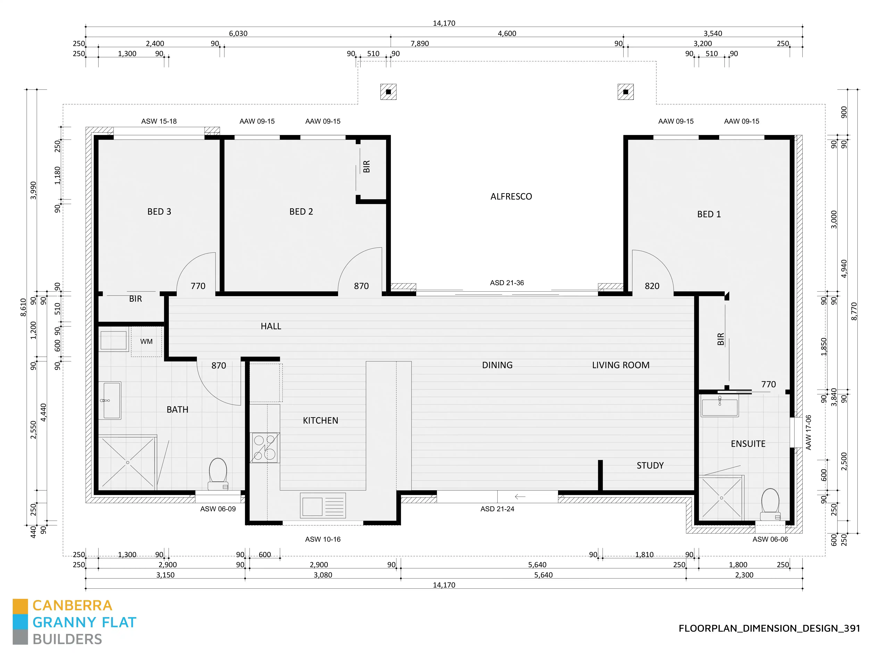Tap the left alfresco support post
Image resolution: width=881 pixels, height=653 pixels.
point(388,92)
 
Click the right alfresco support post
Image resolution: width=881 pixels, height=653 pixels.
point(625,92)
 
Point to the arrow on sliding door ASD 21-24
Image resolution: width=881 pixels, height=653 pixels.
point(520,497)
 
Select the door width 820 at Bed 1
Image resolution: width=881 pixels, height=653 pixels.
point(652,286)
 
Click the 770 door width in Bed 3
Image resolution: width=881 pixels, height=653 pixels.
point(198,286)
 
